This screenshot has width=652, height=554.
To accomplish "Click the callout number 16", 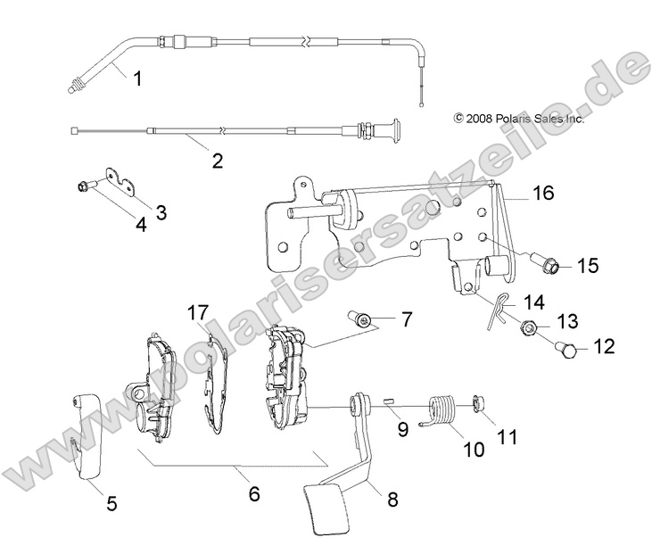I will click(x=544, y=193).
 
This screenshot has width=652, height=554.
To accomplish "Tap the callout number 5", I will click(x=111, y=503).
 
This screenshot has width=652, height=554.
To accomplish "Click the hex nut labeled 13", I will click(x=527, y=328).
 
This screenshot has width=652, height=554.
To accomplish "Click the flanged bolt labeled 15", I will click(x=548, y=265).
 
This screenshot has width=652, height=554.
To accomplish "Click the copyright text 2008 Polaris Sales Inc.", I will click(x=518, y=118).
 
